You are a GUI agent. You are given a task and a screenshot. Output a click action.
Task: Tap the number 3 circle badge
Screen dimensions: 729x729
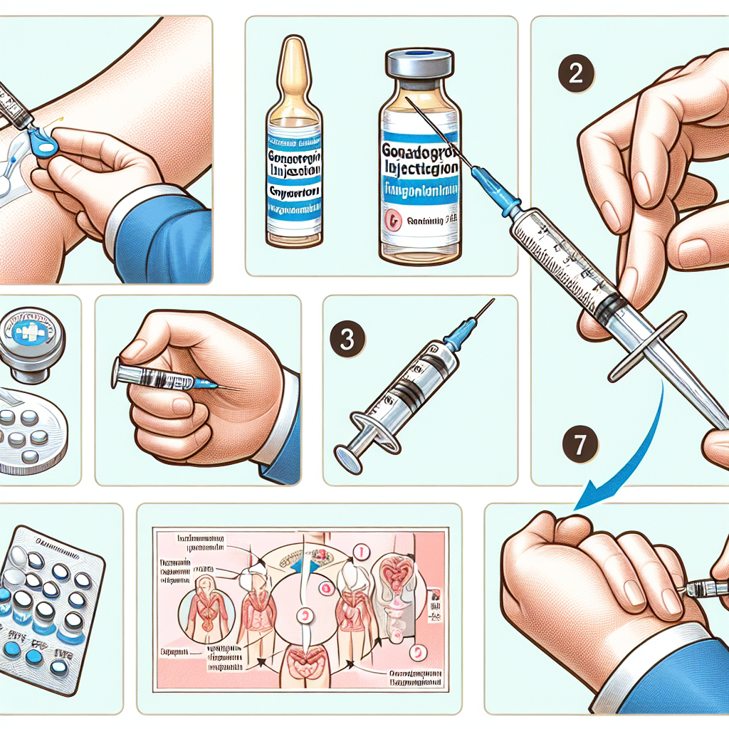click(x=347, y=340)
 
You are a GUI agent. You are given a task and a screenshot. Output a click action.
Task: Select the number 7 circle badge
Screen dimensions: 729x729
click(x=579, y=445)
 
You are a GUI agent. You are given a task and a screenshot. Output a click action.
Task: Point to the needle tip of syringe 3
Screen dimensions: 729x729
click(x=492, y=302)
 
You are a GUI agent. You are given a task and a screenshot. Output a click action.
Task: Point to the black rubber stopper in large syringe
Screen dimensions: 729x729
click(x=606, y=305)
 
